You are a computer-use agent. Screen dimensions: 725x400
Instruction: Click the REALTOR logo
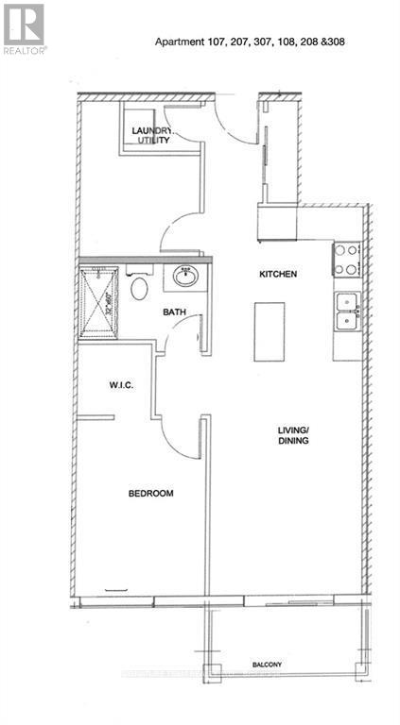[24, 27]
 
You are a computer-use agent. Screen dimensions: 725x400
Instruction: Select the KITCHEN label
[279, 274]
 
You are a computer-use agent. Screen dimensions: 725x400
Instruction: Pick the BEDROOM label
[151, 492]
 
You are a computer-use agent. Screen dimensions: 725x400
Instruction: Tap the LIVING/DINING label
[294, 436]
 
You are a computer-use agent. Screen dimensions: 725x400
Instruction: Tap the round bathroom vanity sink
[184, 278]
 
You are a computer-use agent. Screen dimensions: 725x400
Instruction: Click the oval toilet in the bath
[140, 287]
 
